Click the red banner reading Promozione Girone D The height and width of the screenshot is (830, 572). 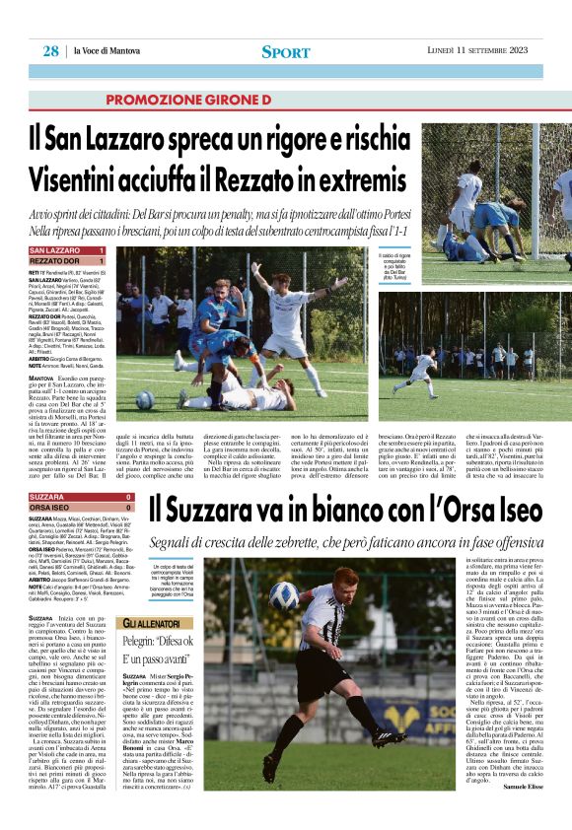187,101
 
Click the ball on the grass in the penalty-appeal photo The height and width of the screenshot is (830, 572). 145,399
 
